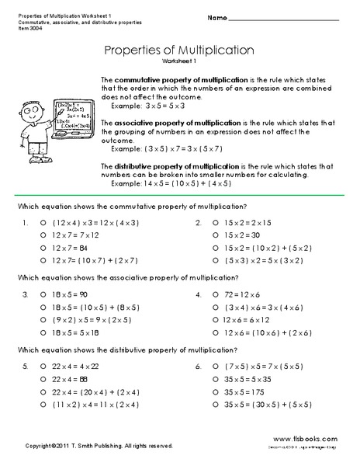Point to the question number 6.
199,365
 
